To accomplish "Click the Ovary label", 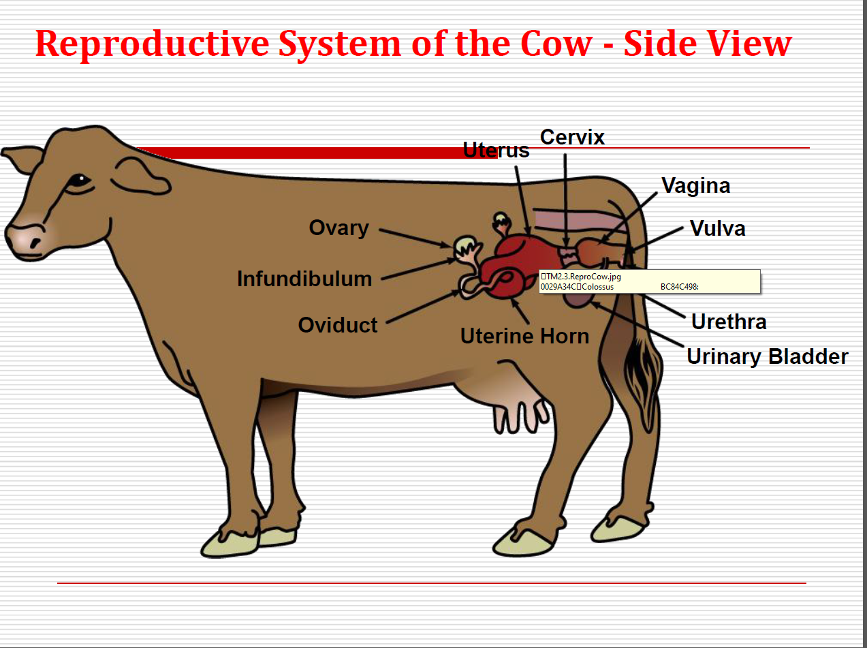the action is [339, 228].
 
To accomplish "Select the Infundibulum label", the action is [304, 279].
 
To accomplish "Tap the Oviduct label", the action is [338, 325].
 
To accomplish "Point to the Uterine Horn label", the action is [524, 336].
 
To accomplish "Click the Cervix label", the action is [572, 137].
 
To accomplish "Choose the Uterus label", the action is [496, 150].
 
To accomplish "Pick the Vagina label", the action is [696, 187].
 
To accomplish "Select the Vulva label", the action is [718, 228].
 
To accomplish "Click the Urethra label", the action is [729, 322].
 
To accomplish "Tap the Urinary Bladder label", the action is [768, 357].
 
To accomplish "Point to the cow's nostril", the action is [35, 242].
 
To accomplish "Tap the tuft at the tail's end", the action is [643, 380].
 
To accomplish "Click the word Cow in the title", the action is [557, 44].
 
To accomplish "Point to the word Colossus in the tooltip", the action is [597, 287].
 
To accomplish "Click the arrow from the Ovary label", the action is [415, 238].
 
